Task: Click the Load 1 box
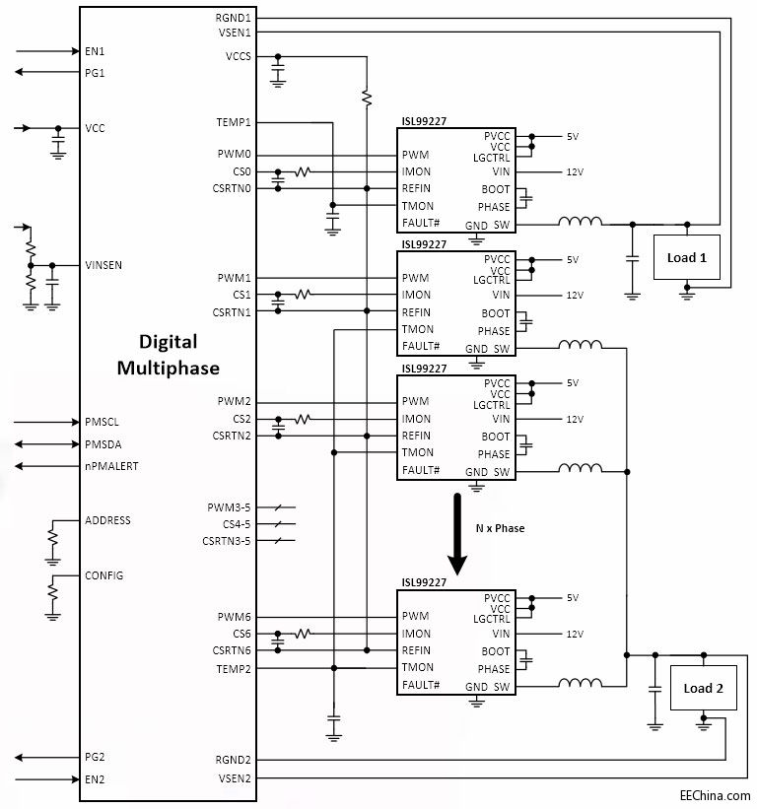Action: (x=686, y=257)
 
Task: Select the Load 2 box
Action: (x=703, y=688)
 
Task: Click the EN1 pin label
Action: (x=95, y=50)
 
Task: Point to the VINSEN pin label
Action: (x=104, y=265)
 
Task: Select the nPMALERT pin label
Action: (x=111, y=466)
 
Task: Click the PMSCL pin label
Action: (x=102, y=422)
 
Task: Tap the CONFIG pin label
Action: (x=104, y=575)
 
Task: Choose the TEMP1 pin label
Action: (x=235, y=122)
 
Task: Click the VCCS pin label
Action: (x=239, y=56)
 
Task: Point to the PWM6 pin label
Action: (x=235, y=617)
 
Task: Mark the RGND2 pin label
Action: (x=235, y=760)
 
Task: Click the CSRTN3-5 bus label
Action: (x=227, y=541)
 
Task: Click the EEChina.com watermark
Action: (x=715, y=794)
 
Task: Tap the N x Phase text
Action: (x=500, y=528)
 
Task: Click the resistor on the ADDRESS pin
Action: (x=52, y=538)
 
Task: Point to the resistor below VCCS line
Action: (x=366, y=98)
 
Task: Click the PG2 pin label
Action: (x=95, y=757)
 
